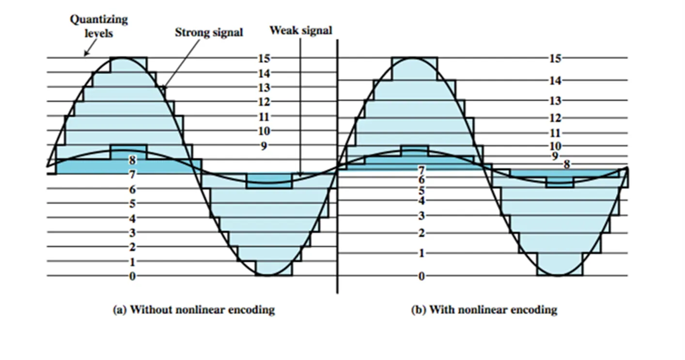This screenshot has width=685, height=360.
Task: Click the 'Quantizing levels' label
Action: point(99,26)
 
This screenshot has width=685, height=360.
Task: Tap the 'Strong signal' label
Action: point(209,32)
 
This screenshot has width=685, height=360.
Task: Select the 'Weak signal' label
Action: point(301,31)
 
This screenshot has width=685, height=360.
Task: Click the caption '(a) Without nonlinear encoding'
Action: point(194,310)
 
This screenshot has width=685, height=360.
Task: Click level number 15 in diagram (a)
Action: point(264,58)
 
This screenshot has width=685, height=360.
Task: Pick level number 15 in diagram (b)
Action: point(555,58)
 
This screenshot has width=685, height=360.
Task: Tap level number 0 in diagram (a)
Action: point(132,276)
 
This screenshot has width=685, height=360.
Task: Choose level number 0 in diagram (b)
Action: point(421,276)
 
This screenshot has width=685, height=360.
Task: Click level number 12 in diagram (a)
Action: point(264,102)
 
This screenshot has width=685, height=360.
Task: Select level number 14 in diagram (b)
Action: point(555,80)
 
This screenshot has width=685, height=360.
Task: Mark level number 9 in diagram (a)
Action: point(264,145)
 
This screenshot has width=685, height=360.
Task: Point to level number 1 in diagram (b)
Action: point(421,253)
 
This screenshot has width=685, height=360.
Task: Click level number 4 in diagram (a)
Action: point(132,218)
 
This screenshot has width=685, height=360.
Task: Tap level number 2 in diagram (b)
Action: point(421,233)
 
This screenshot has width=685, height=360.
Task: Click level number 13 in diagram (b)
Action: point(555,101)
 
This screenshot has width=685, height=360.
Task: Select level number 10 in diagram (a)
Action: point(264,131)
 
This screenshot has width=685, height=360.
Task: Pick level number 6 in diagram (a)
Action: point(132,189)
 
